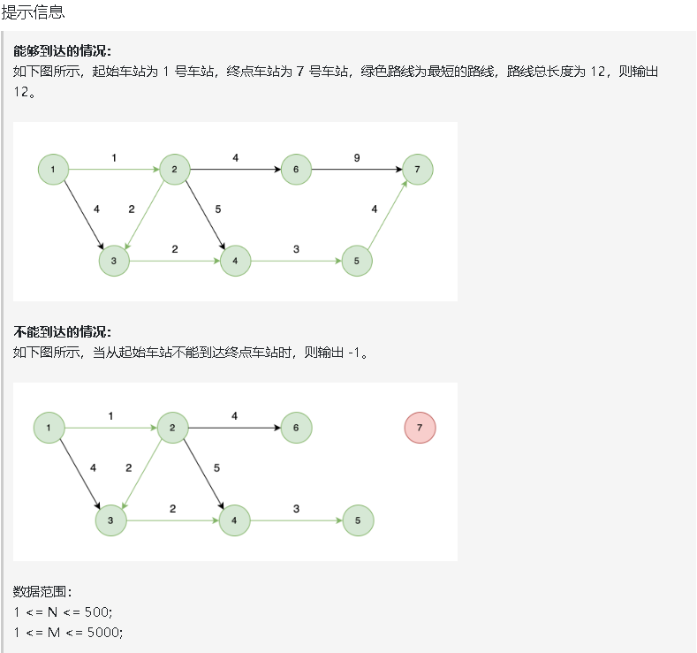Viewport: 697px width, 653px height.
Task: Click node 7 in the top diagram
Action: [x=417, y=169]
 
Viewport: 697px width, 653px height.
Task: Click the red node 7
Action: [x=420, y=428]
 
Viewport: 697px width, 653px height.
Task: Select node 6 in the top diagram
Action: [x=296, y=169]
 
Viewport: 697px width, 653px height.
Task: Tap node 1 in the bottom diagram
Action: [x=49, y=428]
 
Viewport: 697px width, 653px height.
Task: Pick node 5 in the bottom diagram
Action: [x=358, y=520]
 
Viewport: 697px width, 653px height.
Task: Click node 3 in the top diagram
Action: [x=114, y=261]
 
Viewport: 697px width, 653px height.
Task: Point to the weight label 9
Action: [x=357, y=157]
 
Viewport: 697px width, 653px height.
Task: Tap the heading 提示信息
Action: [x=33, y=12]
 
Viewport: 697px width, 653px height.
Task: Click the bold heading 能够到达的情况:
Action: [x=63, y=50]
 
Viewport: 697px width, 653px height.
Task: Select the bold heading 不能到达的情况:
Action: [x=63, y=332]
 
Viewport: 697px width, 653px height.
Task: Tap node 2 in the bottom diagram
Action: [x=172, y=428]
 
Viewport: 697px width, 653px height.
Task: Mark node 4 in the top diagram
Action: [x=235, y=261]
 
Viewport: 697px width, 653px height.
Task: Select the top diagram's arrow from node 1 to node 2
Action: [x=114, y=169]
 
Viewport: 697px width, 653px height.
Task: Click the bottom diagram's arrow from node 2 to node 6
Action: [x=234, y=428]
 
